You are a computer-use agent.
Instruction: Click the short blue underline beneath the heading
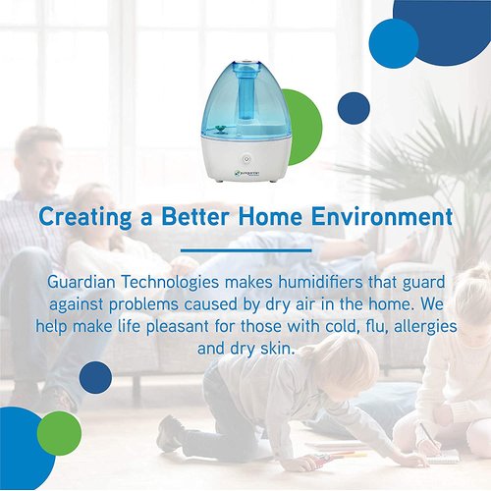point(245,246)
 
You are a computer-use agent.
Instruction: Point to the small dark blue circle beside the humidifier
point(353,107)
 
